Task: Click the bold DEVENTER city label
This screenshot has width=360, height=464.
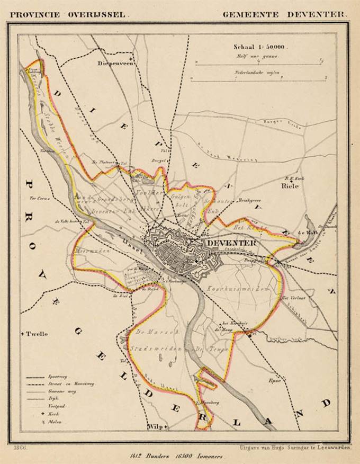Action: coord(231,243)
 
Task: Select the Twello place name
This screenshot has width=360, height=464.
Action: coord(37,334)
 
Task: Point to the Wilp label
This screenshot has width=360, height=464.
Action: coord(154,426)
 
